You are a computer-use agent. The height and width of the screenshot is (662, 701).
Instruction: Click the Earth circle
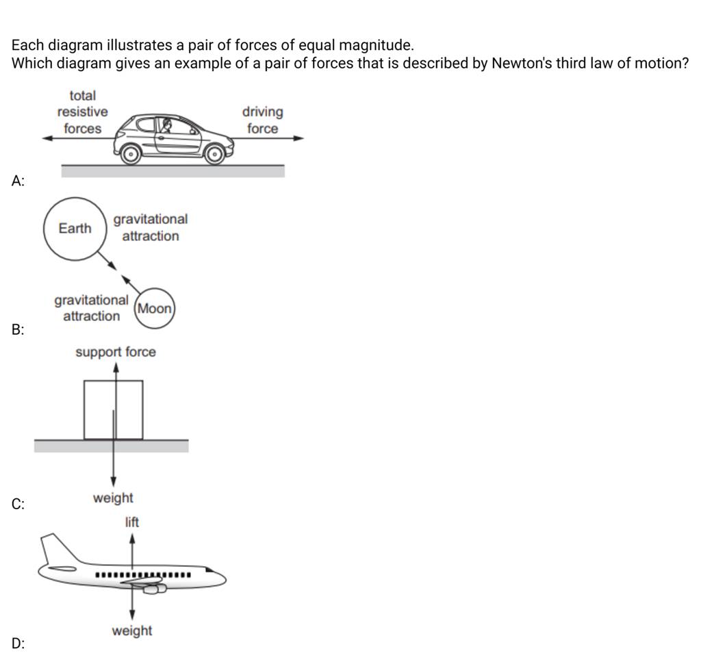(75, 228)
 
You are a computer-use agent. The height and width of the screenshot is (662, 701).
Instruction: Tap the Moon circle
(155, 309)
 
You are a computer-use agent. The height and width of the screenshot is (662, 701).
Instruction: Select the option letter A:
(18, 181)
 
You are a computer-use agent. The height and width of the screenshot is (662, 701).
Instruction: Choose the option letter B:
(18, 331)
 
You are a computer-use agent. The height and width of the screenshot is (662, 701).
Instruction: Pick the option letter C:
(18, 505)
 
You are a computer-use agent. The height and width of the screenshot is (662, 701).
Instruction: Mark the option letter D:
(18, 643)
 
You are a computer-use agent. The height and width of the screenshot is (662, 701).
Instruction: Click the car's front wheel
(214, 155)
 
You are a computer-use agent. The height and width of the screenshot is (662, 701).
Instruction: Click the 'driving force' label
(262, 120)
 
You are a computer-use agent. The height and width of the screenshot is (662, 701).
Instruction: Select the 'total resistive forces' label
(82, 112)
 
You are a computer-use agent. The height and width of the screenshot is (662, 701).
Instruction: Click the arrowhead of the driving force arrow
(298, 138)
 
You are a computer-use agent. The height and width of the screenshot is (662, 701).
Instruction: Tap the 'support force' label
(115, 352)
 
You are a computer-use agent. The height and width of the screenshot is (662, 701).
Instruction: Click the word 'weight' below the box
(113, 498)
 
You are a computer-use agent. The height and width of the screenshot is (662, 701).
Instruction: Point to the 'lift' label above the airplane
(131, 522)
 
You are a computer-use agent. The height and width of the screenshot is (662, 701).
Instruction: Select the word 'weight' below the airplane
(132, 631)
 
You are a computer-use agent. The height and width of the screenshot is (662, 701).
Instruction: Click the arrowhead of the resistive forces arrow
(47, 138)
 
